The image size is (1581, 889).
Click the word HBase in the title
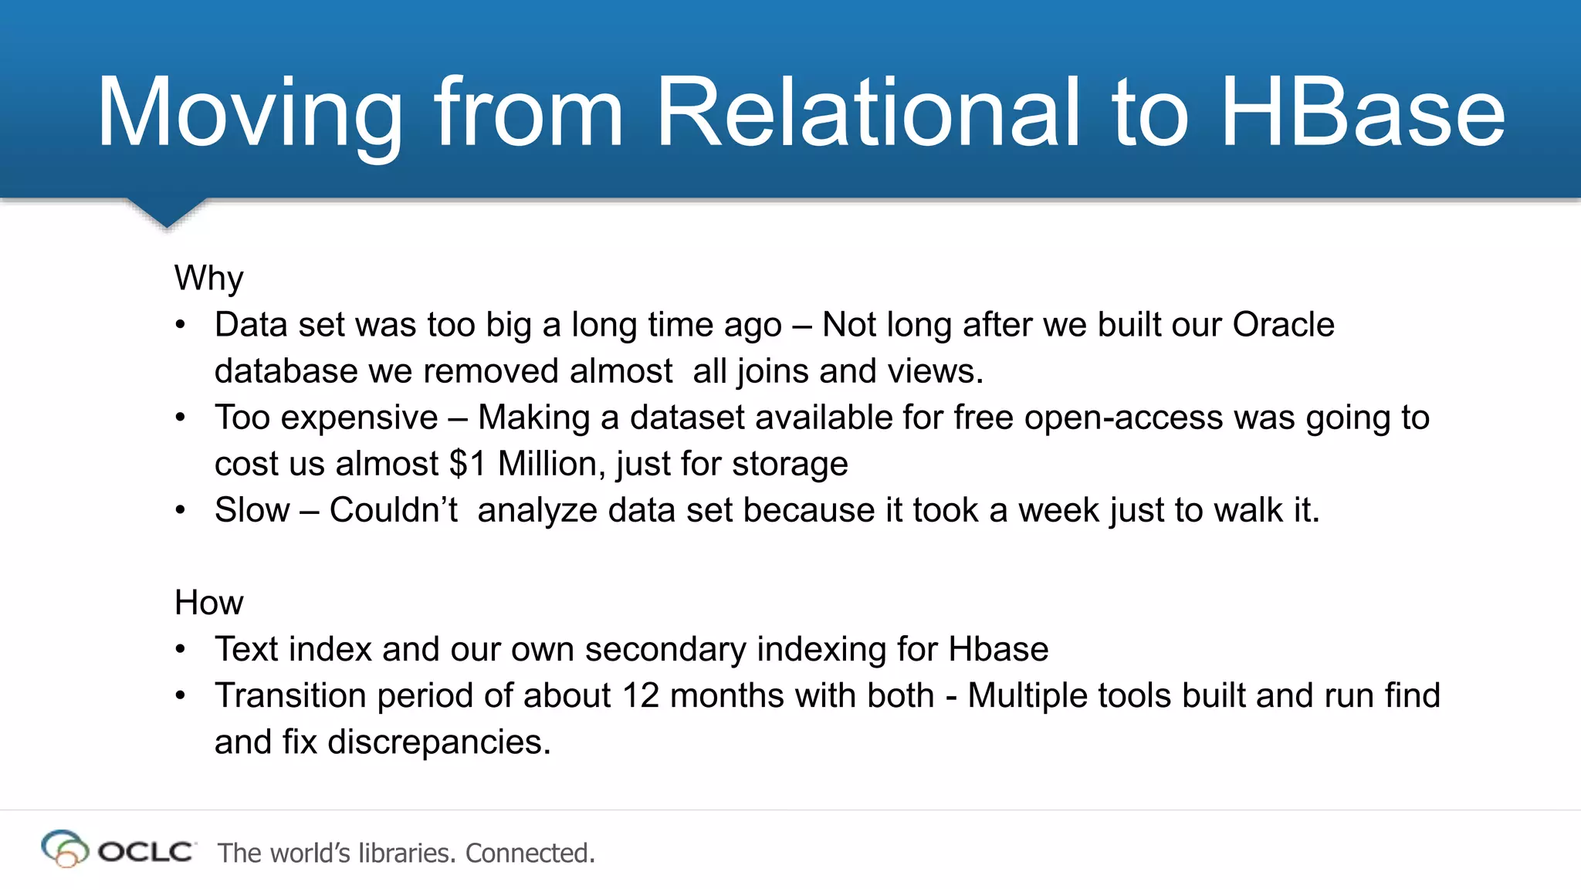(x=1363, y=113)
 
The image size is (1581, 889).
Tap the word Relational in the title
(x=868, y=113)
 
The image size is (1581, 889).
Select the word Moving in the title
(x=249, y=113)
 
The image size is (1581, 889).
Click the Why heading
(x=208, y=278)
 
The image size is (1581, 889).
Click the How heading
(x=208, y=603)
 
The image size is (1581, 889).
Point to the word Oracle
(x=1283, y=325)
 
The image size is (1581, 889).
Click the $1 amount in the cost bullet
(x=468, y=464)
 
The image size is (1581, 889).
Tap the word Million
(x=551, y=464)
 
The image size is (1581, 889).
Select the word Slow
(x=252, y=510)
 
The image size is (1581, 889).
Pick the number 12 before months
(x=640, y=695)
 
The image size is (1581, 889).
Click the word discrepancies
(x=439, y=742)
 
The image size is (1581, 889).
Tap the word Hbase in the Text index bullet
(x=998, y=649)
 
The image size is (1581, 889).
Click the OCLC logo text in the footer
(x=146, y=852)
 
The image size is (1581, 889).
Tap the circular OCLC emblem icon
(x=64, y=849)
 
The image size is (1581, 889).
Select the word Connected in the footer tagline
(x=530, y=853)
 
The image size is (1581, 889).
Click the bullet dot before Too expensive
(x=180, y=417)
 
